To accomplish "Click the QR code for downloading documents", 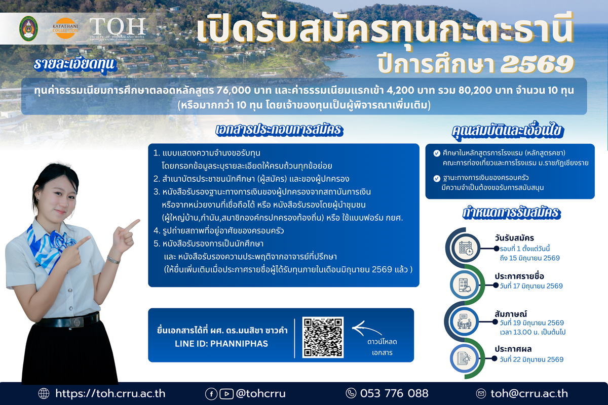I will tap(323, 337).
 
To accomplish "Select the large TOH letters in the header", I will tap(118, 25).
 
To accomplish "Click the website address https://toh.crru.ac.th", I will tap(110, 393).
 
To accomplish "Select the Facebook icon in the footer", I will tap(211, 393).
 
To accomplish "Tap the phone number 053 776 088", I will tap(394, 393).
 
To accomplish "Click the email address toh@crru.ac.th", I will tap(529, 393).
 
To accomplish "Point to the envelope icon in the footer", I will tap(481, 393).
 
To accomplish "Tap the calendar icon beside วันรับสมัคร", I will tap(466, 248).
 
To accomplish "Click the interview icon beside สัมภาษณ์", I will tap(465, 322).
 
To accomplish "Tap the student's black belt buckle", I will tap(78, 321).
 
